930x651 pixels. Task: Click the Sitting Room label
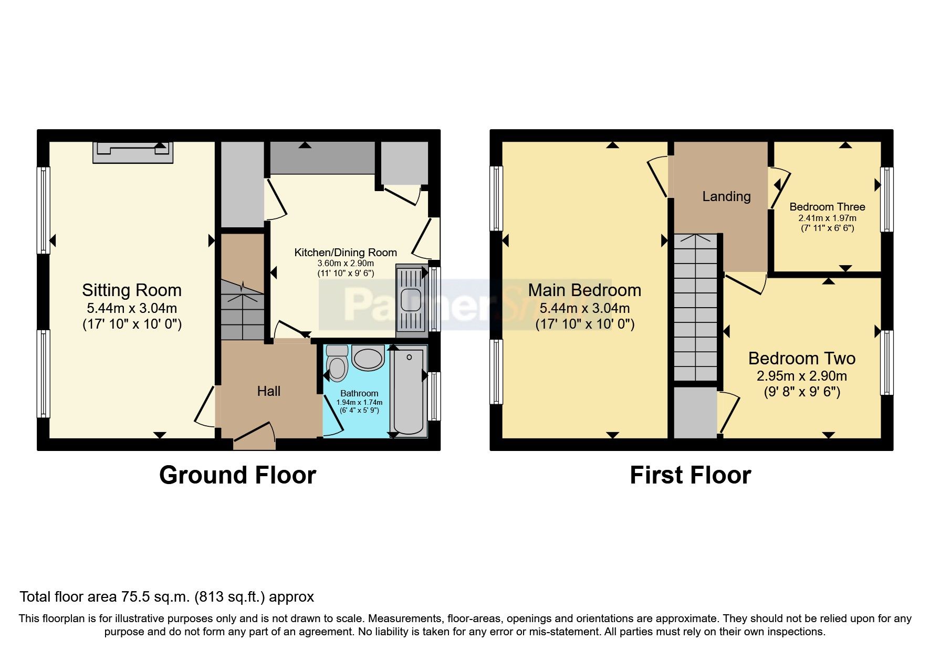132,290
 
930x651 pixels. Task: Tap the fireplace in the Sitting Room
133,152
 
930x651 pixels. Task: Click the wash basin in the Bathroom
368,358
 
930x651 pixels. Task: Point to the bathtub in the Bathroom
409,391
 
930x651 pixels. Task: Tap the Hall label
268,391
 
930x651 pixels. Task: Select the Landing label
726,196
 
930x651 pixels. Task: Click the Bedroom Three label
827,207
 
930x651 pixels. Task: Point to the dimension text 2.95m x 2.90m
801,376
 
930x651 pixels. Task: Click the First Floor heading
690,475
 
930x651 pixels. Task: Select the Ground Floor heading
237,475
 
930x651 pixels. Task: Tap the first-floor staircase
695,307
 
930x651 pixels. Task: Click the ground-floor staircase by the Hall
242,310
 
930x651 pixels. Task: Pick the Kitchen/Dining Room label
345,253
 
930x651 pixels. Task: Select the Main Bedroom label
584,290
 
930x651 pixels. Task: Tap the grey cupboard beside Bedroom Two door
695,412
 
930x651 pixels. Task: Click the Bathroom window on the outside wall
434,396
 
